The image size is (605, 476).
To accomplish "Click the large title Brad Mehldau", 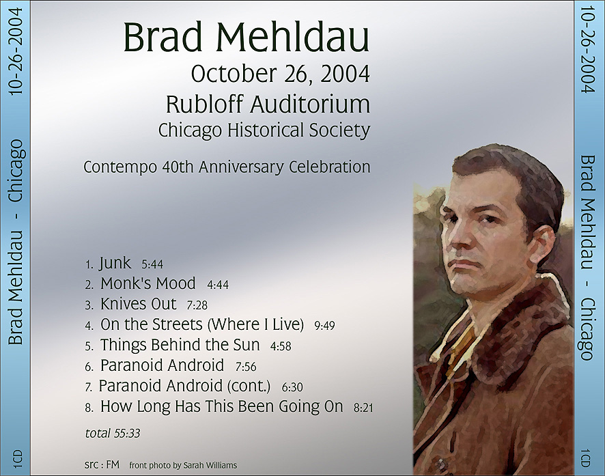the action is (247, 38).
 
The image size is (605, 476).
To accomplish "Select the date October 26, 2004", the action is (281, 74).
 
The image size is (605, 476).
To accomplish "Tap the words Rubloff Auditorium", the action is (268, 104).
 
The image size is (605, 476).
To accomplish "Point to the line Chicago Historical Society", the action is (264, 130).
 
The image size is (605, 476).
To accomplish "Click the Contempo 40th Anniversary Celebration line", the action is (227, 167).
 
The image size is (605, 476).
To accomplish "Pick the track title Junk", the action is (115, 264).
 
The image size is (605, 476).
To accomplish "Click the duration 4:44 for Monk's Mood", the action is (218, 285).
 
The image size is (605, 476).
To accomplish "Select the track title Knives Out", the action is (138, 304).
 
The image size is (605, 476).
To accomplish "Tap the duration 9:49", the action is (324, 326).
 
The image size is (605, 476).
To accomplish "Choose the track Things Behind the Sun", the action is (180, 345).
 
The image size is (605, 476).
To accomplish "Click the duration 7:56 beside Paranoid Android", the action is (246, 367).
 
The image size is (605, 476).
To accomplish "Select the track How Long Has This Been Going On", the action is (221, 406).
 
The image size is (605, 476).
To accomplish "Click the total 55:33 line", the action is (112, 434).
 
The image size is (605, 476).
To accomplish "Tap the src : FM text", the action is (102, 464).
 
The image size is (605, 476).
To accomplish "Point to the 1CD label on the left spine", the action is (18, 459).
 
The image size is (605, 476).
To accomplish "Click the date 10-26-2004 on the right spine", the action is (588, 49).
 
